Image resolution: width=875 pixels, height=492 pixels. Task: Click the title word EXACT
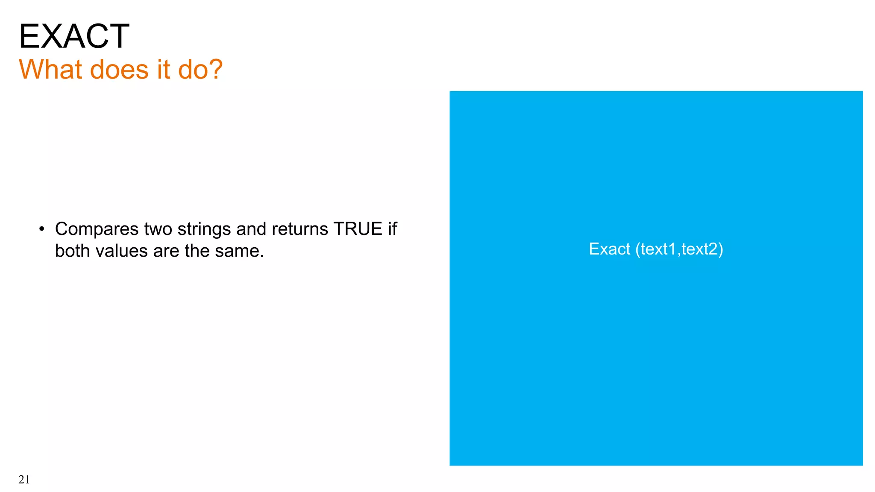click(74, 36)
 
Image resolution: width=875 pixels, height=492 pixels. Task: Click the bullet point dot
click(41, 229)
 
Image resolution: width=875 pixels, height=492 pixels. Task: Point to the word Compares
click(97, 229)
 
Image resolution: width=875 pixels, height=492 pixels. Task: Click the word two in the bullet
click(158, 229)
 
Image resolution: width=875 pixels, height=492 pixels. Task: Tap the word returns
click(299, 229)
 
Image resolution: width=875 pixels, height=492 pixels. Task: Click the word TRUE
click(358, 229)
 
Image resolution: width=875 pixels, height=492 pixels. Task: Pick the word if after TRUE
click(393, 229)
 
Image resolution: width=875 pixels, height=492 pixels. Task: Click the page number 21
click(24, 480)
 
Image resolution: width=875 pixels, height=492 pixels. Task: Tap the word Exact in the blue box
click(609, 249)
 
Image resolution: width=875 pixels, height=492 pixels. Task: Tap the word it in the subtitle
click(163, 69)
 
